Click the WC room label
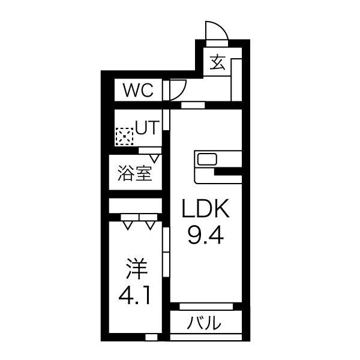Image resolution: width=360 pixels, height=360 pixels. [x=139, y=91]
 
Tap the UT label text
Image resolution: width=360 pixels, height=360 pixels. [x=146, y=127]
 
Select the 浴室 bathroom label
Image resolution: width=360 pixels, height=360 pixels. [x=135, y=173]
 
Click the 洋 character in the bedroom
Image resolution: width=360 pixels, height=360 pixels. [x=136, y=268]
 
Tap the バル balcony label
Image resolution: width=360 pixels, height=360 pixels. [x=203, y=323]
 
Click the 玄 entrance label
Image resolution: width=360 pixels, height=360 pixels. [x=218, y=62]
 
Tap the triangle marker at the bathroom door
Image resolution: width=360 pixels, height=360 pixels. [x=154, y=158]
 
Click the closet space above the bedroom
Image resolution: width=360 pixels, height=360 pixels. [x=135, y=205]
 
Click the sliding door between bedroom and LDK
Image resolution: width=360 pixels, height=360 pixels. [x=166, y=255]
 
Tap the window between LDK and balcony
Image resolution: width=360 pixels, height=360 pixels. [x=206, y=306]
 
